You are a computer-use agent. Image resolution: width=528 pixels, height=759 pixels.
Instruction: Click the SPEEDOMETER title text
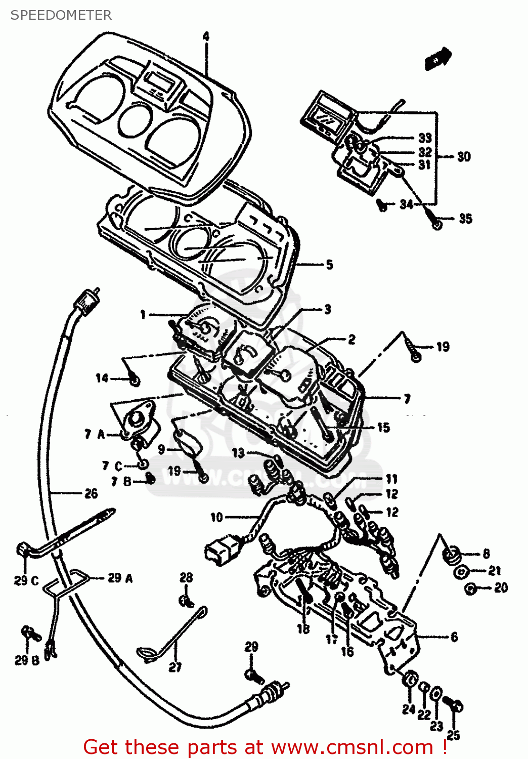(61, 15)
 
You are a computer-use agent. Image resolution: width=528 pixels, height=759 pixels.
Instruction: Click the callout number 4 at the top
(206, 36)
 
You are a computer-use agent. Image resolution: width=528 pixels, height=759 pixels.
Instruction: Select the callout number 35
(465, 219)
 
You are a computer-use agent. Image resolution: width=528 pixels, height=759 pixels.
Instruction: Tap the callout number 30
(464, 157)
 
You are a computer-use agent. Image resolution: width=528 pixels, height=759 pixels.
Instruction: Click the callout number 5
(329, 264)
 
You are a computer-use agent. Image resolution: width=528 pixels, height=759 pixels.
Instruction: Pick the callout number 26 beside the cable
(91, 493)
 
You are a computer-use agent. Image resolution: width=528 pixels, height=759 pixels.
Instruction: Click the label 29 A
(120, 578)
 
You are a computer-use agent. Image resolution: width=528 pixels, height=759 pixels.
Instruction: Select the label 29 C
(26, 580)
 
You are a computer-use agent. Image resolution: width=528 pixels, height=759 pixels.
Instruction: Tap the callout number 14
(102, 378)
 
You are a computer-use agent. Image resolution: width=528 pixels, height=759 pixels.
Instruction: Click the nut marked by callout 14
(135, 379)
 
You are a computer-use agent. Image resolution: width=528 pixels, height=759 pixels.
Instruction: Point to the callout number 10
(216, 517)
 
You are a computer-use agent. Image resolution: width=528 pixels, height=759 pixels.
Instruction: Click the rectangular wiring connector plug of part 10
(218, 550)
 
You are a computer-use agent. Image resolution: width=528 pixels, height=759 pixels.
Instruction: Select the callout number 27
(175, 667)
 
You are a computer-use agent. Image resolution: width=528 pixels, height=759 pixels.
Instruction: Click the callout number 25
(453, 735)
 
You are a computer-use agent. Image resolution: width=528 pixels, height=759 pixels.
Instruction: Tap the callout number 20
(501, 587)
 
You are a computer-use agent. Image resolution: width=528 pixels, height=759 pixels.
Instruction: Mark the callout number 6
(454, 637)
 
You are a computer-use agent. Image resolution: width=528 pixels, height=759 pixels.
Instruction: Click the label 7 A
(94, 434)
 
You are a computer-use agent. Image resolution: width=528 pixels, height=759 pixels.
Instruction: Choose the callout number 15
(383, 428)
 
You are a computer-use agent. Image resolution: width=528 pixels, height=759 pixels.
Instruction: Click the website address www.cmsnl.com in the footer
(352, 747)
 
